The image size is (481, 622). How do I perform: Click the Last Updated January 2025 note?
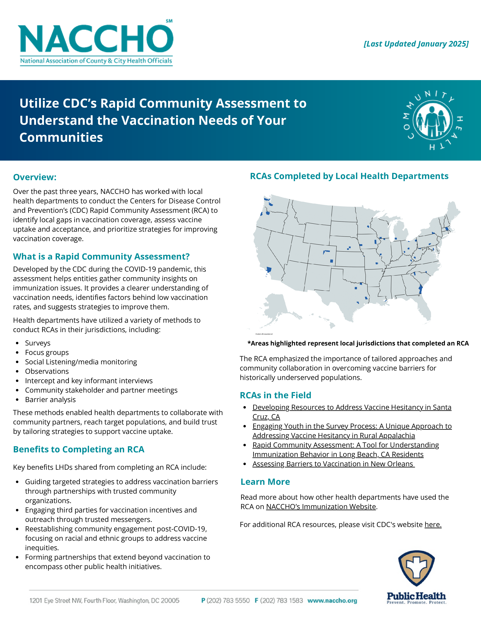[416, 44]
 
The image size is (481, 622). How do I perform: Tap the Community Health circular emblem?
[433, 120]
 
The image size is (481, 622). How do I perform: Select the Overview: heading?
[35, 177]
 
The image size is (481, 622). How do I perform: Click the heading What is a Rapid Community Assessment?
[101, 257]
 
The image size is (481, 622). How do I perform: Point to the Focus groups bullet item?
[47, 353]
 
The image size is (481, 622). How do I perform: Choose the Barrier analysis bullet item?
[50, 400]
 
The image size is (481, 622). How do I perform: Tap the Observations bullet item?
[47, 371]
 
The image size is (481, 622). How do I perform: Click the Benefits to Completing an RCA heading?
[79, 449]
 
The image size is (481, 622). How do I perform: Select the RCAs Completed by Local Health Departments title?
[349, 176]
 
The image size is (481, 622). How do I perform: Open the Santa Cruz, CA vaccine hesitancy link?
[352, 408]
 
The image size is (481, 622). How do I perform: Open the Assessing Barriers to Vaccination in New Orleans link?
[333, 464]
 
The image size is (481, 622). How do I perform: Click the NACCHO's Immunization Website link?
[321, 507]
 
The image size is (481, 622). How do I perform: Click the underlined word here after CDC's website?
[433, 525]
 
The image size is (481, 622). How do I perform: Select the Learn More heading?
[265, 482]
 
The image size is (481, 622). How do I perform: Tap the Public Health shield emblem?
[416, 568]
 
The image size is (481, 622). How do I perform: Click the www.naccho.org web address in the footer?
[332, 601]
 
